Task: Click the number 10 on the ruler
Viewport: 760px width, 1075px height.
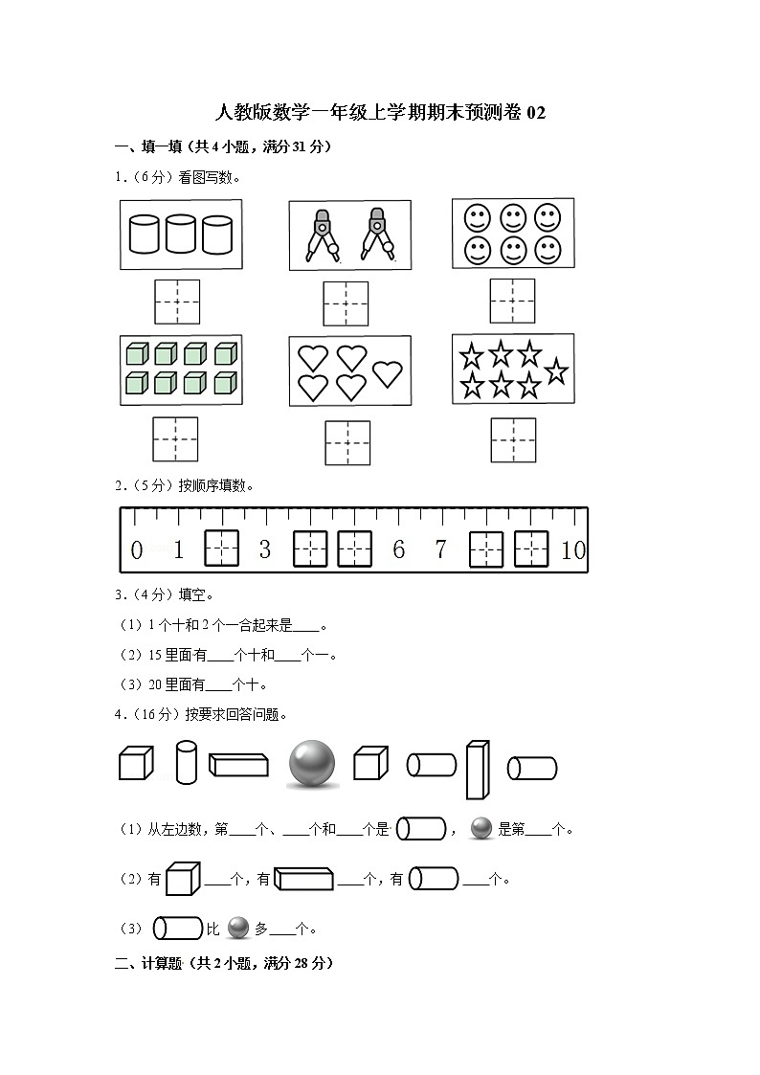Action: pyautogui.click(x=573, y=550)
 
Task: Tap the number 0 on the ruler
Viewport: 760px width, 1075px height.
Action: pyautogui.click(x=136, y=550)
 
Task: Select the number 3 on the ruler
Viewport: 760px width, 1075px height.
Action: pyautogui.click(x=265, y=549)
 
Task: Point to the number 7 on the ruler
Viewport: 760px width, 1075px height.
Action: pyautogui.click(x=440, y=549)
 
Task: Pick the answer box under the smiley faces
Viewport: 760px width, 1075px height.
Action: pyautogui.click(x=512, y=301)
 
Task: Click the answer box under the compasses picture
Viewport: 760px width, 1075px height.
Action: pyautogui.click(x=346, y=303)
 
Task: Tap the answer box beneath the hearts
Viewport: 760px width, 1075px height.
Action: pyautogui.click(x=346, y=443)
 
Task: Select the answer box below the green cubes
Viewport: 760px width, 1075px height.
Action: pyautogui.click(x=175, y=439)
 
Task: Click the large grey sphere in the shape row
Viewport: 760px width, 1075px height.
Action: pyautogui.click(x=312, y=764)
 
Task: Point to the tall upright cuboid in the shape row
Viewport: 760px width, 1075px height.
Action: pyautogui.click(x=478, y=770)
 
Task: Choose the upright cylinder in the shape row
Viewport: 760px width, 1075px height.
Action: pyautogui.click(x=186, y=762)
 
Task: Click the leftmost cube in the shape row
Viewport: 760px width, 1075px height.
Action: pyautogui.click(x=135, y=764)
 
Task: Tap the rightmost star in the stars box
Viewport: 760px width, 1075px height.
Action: pyautogui.click(x=556, y=370)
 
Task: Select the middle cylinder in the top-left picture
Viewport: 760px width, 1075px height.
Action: pyautogui.click(x=181, y=234)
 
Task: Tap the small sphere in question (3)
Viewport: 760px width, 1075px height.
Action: pyautogui.click(x=238, y=928)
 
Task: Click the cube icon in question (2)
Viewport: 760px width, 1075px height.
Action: pyautogui.click(x=182, y=878)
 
